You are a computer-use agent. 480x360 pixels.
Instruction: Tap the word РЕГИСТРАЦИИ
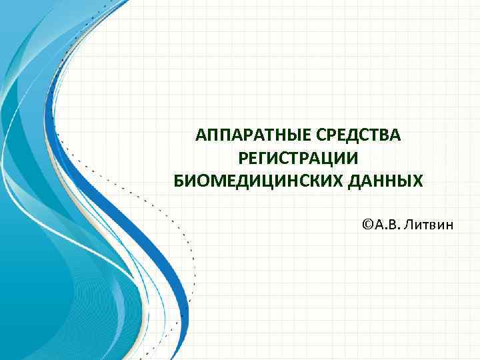298,159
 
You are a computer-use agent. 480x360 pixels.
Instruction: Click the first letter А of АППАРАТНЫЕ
201,136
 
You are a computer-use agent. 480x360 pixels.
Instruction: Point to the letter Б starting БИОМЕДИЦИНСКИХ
178,181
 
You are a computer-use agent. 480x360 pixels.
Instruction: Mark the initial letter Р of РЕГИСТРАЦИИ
243,159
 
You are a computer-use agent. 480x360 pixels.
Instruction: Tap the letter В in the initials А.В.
397,225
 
